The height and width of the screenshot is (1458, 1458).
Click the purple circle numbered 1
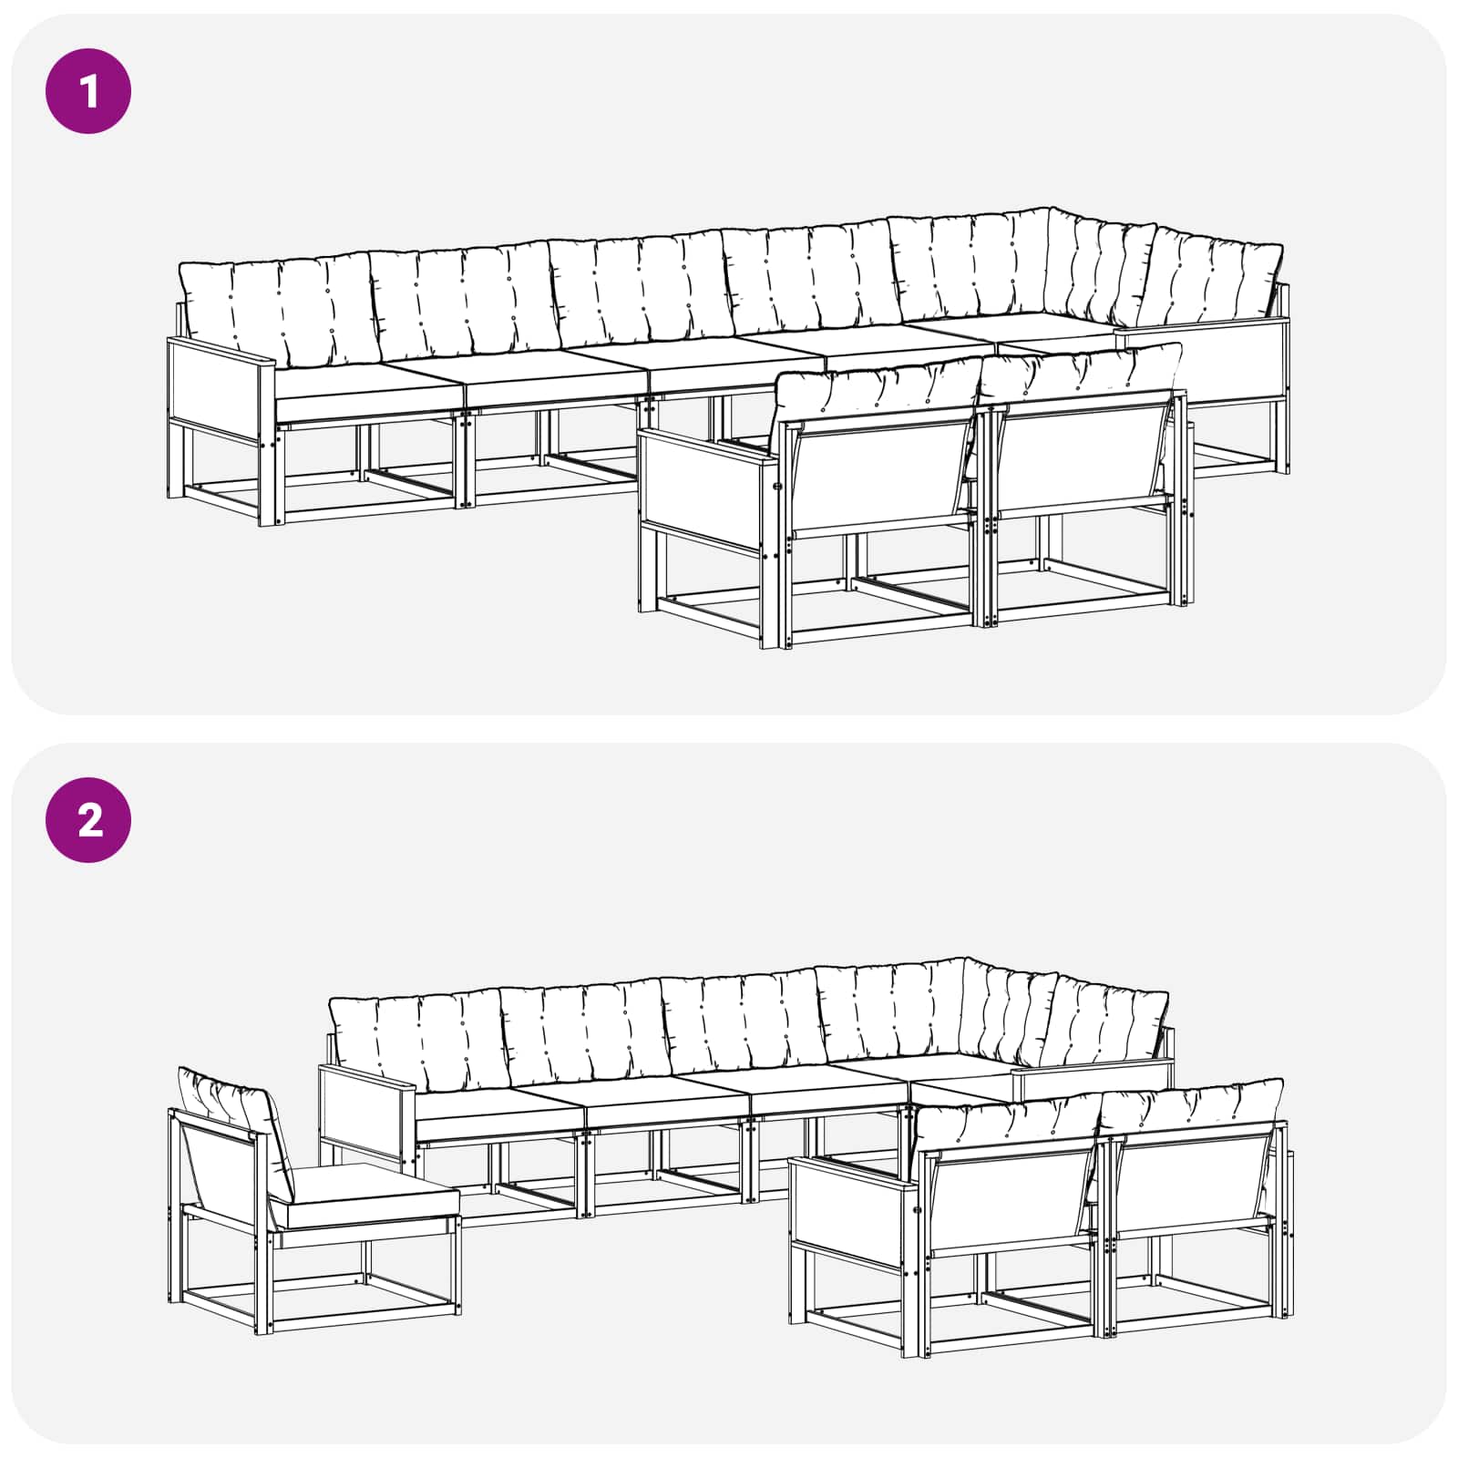(x=88, y=92)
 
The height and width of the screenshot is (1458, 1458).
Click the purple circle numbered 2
(x=88, y=820)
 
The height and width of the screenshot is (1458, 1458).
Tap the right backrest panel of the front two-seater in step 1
(x=1081, y=456)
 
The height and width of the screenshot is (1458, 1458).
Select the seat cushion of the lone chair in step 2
(x=364, y=1194)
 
